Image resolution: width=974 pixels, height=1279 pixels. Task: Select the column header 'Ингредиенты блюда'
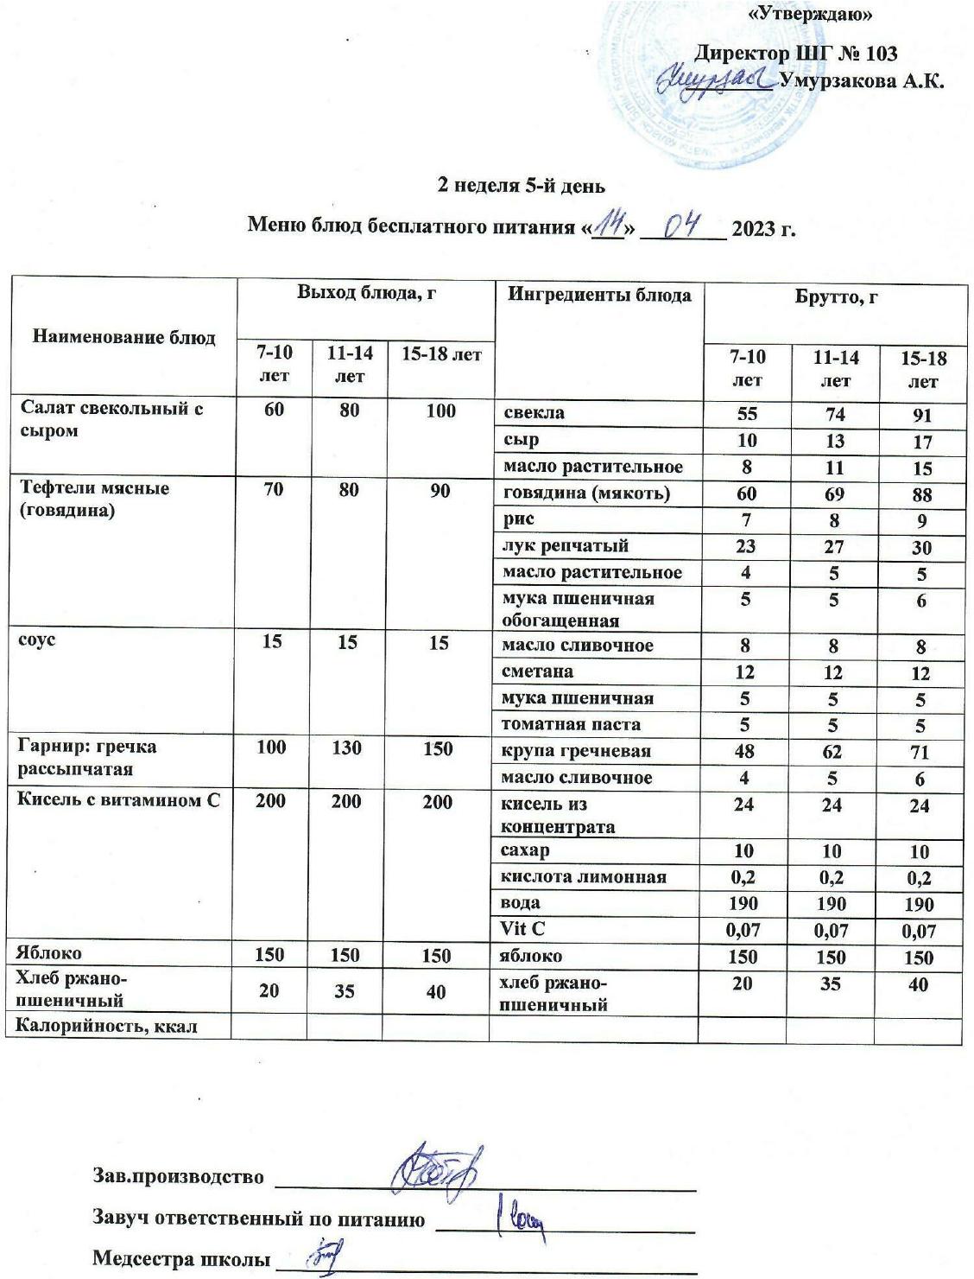click(x=598, y=296)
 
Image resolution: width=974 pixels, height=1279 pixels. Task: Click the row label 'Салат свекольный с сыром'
click(x=111, y=419)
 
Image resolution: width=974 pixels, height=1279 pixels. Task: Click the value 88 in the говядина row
click(x=921, y=495)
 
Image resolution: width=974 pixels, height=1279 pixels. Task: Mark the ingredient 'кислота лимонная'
click(x=584, y=877)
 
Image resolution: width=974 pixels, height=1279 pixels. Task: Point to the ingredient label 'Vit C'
click(x=523, y=930)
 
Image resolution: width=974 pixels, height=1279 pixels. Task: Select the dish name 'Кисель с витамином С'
click(x=118, y=800)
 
